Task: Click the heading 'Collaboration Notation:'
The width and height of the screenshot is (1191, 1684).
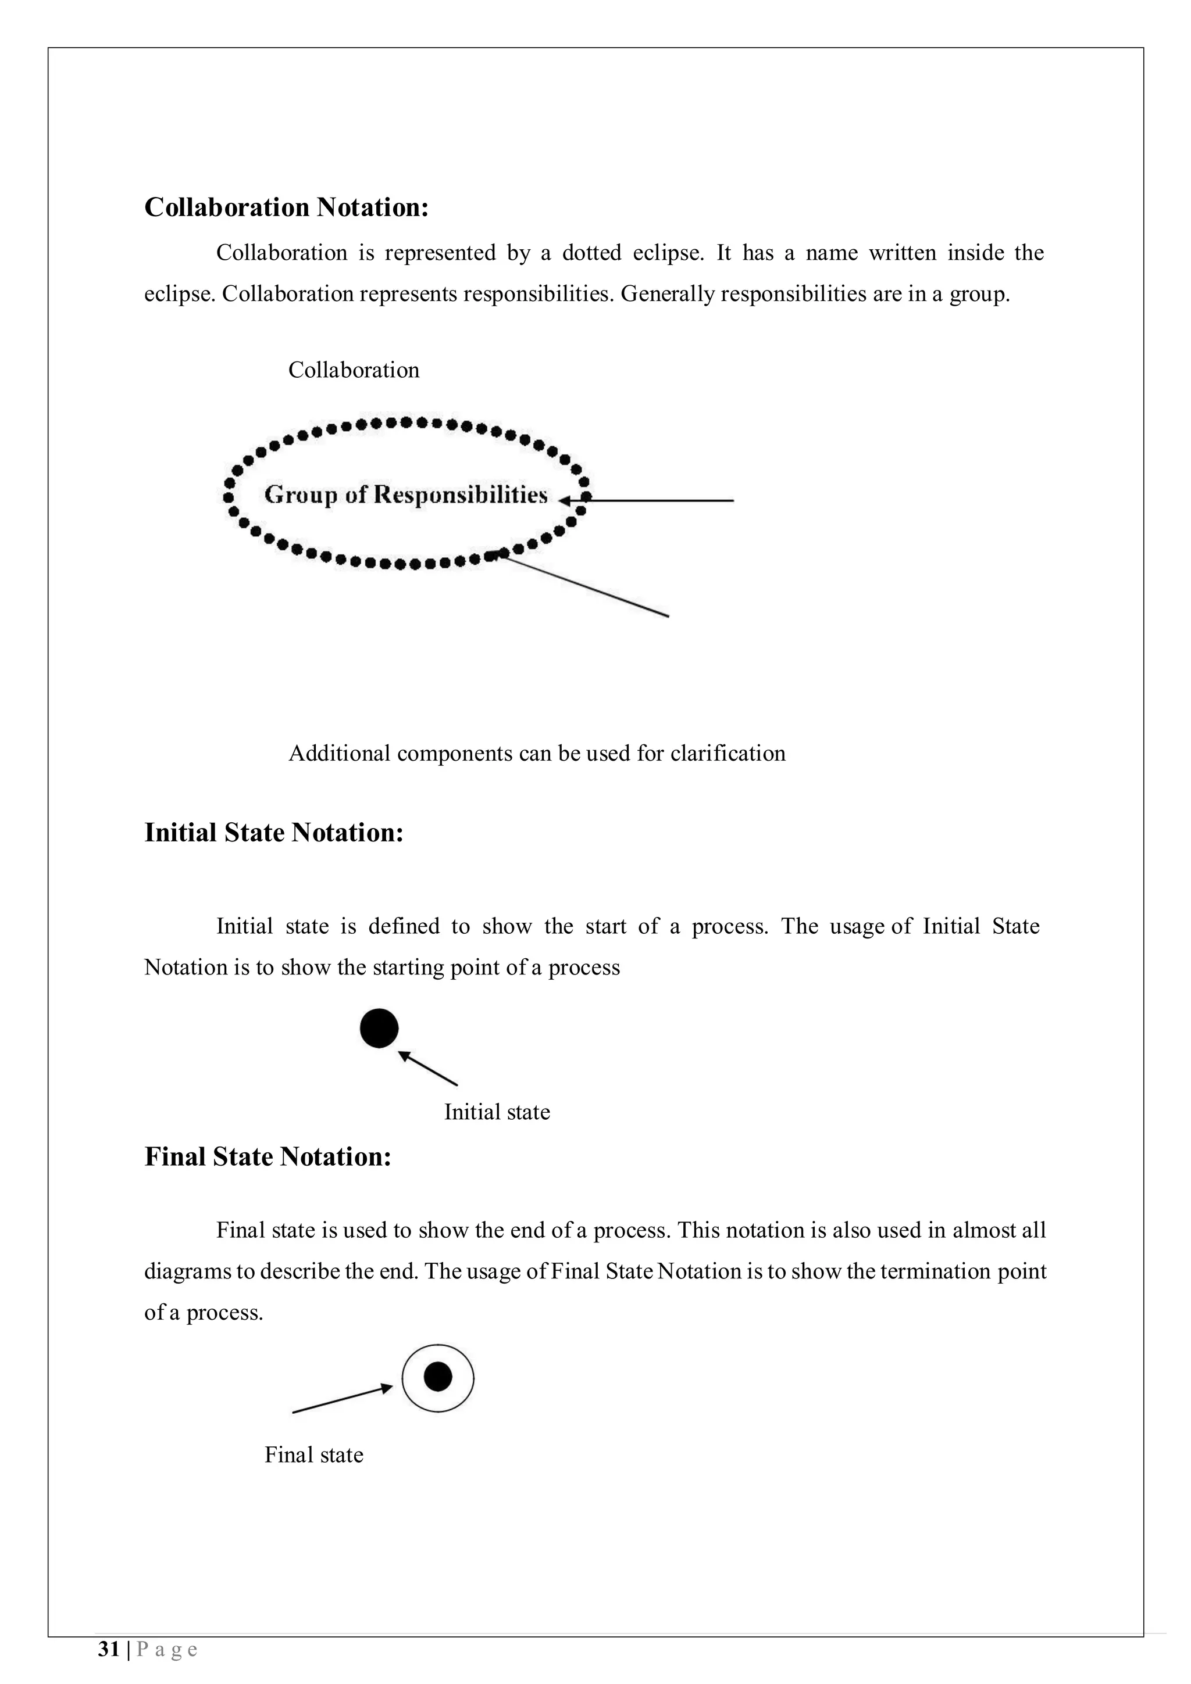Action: (x=286, y=207)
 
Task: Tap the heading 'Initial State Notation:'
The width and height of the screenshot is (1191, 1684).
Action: (x=274, y=833)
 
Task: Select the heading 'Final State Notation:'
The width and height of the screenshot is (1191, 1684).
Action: (x=268, y=1156)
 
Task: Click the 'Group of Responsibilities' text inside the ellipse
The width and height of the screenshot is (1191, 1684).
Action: (x=406, y=495)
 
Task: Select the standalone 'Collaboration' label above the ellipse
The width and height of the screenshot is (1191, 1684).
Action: (x=354, y=370)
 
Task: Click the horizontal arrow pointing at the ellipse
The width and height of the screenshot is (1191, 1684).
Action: (x=653, y=500)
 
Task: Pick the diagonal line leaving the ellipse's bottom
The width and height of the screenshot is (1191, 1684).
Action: (x=583, y=585)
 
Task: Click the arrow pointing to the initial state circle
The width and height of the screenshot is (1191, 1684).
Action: (x=428, y=1069)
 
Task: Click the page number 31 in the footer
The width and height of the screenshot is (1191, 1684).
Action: (x=109, y=1650)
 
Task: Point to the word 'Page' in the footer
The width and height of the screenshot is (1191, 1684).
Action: (x=167, y=1650)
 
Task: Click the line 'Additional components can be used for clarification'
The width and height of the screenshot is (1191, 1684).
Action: (x=536, y=753)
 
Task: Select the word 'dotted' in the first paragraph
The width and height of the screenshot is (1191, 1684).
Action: (x=591, y=253)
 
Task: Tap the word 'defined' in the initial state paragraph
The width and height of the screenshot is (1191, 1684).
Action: (x=404, y=926)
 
